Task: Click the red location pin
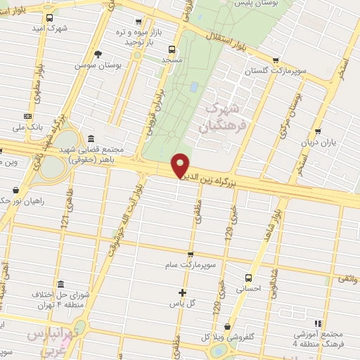(x=181, y=166)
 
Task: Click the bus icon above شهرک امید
(x=49, y=18)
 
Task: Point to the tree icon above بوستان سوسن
(x=98, y=53)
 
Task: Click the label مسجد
(x=172, y=61)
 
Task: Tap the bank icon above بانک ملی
(x=28, y=116)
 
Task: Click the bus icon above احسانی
(x=247, y=277)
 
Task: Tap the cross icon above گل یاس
(x=182, y=292)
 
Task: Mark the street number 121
(x=66, y=220)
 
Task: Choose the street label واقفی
(x=347, y=280)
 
